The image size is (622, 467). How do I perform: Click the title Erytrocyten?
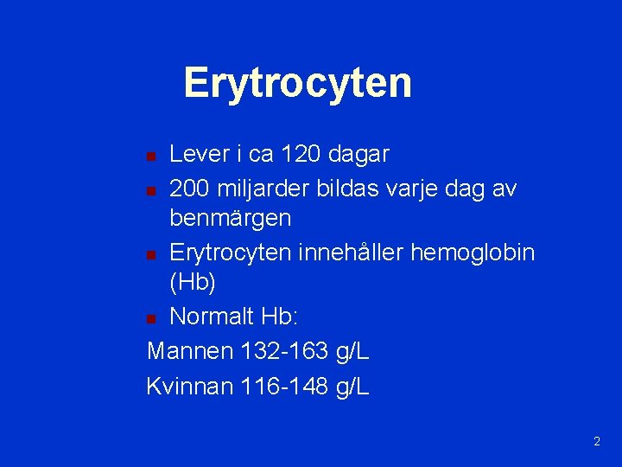pos(297,83)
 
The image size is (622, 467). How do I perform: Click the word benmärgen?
pos(231,220)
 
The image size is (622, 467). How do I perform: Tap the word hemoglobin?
pos(484,253)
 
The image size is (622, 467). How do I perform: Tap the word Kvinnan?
pos(190,386)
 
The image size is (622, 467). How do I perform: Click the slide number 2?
pos(596,442)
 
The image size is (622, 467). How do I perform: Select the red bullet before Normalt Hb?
pos(151,319)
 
